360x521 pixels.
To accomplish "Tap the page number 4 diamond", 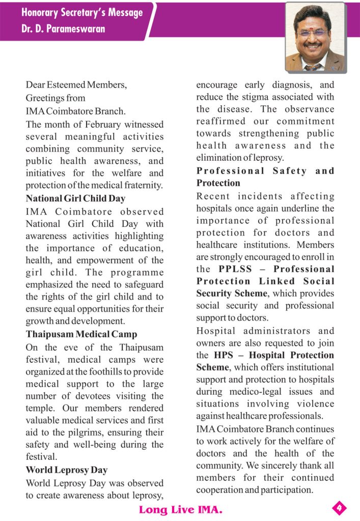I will pos(340,507).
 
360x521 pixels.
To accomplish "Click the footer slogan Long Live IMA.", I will pos(180,509).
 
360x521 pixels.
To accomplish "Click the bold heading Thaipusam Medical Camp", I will pos(81,334).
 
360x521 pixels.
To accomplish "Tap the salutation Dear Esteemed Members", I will pos(76,85).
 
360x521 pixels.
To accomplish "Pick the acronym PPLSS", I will pos(235,269).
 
